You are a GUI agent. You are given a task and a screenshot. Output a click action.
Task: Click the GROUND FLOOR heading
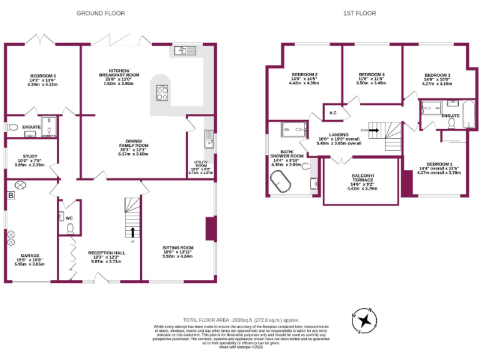100,13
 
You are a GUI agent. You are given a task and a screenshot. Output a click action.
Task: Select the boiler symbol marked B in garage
10,196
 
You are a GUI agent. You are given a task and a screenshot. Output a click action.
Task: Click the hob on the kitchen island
161,93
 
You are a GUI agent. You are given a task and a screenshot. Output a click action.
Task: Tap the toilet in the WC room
70,228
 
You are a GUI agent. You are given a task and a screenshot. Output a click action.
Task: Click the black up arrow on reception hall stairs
132,233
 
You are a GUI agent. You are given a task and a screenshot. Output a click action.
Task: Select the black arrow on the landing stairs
374,131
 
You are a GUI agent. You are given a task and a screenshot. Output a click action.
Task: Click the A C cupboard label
332,113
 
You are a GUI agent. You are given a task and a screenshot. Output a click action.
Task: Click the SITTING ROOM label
177,247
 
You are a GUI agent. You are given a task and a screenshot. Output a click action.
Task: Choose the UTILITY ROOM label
201,164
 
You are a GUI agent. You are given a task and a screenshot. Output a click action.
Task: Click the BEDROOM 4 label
371,74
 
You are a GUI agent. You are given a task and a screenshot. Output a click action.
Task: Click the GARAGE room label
29,255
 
